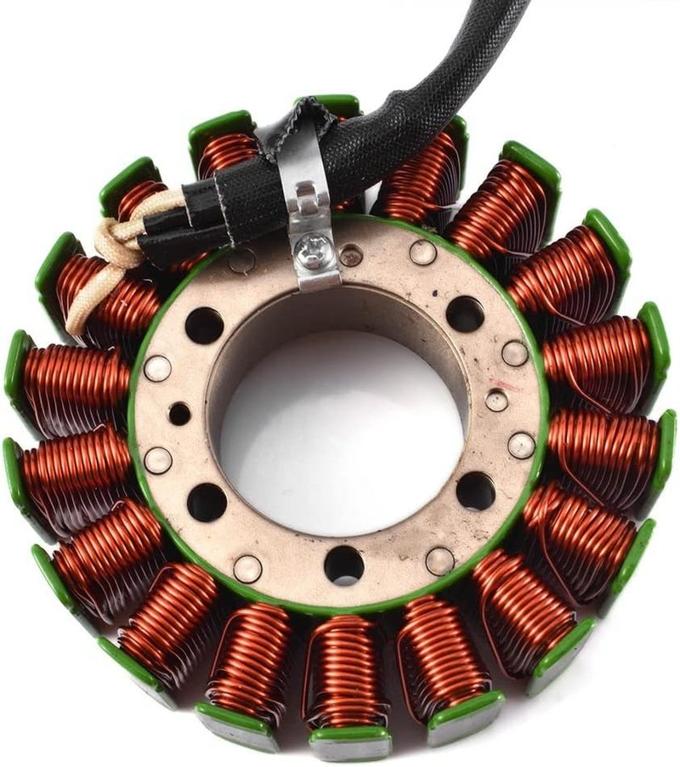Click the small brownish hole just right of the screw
coord(349,253)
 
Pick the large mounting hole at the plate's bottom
coord(343,564)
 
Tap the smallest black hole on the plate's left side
coord(179,414)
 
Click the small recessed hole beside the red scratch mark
coord(496,400)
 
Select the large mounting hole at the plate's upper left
coord(204,324)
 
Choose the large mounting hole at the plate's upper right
coord(465,314)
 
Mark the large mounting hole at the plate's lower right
coord(475,491)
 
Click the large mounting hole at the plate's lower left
coord(207,502)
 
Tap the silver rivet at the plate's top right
coord(422,253)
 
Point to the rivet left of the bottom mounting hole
coord(247,568)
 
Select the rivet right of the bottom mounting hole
coord(439,560)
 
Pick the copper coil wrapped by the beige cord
coord(102,289)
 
